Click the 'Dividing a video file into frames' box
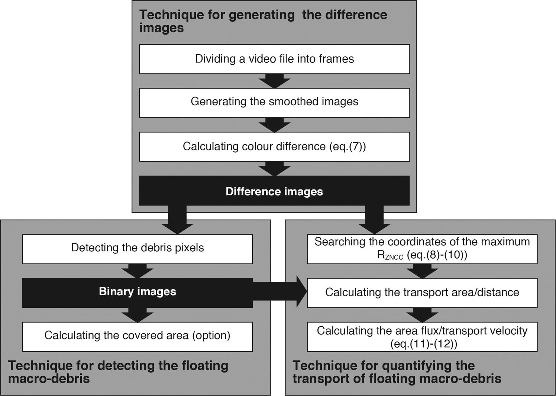[274, 59]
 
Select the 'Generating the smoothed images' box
[274, 103]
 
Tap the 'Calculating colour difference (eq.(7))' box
[274, 147]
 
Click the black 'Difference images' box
[274, 191]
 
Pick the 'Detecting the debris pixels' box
[137, 249]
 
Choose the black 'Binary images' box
[137, 293]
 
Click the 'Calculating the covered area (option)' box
[137, 336]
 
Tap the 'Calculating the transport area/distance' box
[422, 293]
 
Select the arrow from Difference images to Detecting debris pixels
[177, 220]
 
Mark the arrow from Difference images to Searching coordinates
[374, 220]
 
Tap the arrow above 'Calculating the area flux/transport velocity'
[422, 315]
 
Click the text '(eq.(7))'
[347, 147]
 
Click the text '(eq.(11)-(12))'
[424, 344]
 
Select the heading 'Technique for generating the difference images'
[263, 21]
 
